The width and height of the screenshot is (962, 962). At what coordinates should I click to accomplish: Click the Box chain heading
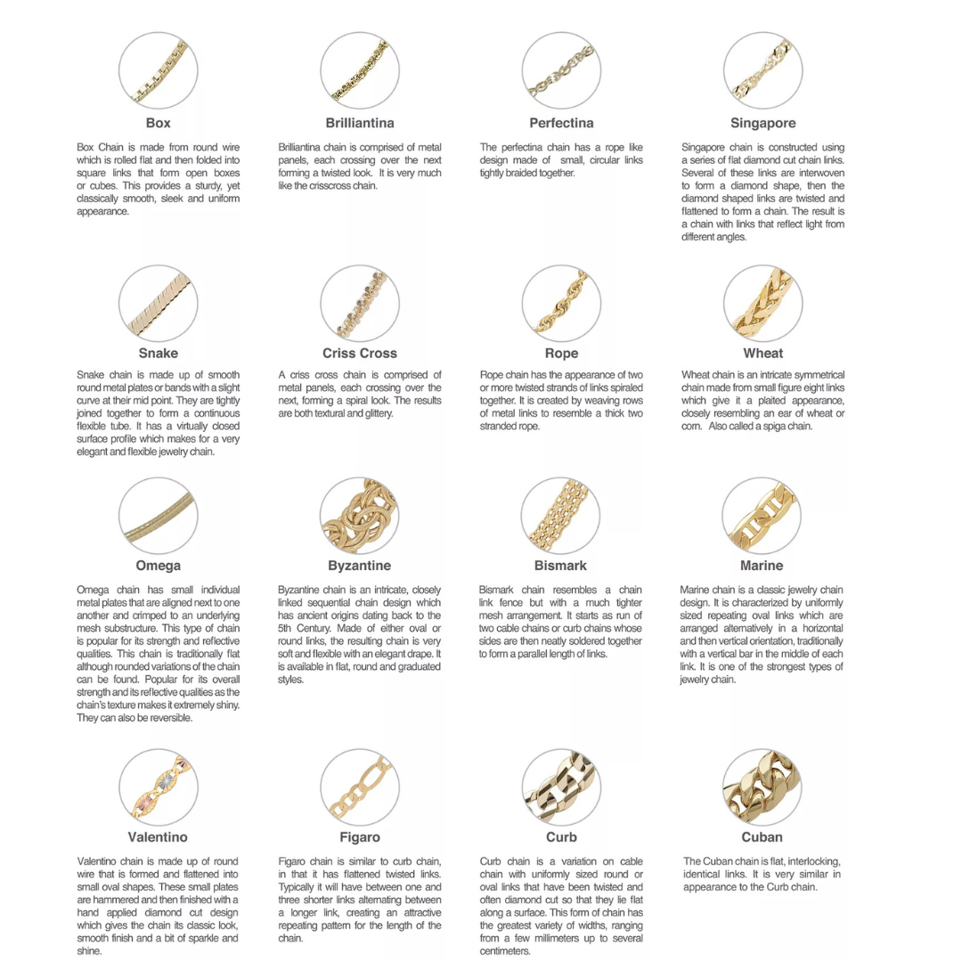pyautogui.click(x=158, y=123)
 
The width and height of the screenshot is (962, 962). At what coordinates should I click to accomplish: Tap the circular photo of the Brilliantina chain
pyautogui.click(x=360, y=71)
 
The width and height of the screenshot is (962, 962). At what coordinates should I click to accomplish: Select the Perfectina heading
pyautogui.click(x=561, y=123)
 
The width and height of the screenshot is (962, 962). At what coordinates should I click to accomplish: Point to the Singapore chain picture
pyautogui.click(x=762, y=71)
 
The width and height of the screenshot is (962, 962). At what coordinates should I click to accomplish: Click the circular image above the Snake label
pyautogui.click(x=158, y=304)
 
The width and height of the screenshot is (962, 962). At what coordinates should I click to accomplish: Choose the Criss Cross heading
pyautogui.click(x=360, y=354)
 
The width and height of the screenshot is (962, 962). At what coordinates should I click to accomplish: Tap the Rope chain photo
pyautogui.click(x=561, y=304)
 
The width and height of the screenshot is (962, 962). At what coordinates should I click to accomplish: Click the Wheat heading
pyautogui.click(x=762, y=354)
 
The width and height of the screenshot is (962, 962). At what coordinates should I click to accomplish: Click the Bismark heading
pyautogui.click(x=561, y=566)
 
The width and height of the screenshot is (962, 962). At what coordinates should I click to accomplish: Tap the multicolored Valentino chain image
pyautogui.click(x=158, y=787)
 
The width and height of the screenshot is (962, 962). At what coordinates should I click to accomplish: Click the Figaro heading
pyautogui.click(x=360, y=837)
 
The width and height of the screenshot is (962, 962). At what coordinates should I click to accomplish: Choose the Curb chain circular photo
pyautogui.click(x=561, y=787)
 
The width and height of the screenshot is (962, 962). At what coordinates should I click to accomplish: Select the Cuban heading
pyautogui.click(x=762, y=837)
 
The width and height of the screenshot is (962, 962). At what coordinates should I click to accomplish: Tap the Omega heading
pyautogui.click(x=158, y=566)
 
